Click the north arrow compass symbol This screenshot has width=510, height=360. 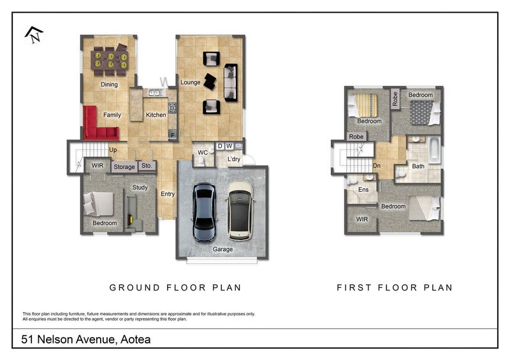(34, 35)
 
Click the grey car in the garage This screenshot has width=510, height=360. (204, 212)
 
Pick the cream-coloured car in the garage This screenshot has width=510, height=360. (240, 211)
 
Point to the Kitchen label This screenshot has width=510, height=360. (156, 115)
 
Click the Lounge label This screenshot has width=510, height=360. (190, 83)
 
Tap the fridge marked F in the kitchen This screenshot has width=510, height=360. (172, 135)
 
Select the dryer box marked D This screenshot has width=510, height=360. (220, 146)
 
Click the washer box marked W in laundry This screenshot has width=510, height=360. (229, 146)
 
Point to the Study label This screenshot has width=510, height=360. (140, 187)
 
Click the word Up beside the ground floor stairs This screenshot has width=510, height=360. (113, 150)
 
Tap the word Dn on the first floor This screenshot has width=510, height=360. (377, 166)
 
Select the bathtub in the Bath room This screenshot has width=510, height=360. (434, 150)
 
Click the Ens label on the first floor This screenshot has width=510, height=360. (363, 190)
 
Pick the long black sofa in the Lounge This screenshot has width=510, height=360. (231, 83)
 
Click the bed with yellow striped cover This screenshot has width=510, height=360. (363, 105)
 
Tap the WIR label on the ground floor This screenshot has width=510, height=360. (98, 166)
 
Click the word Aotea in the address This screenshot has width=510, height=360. (136, 340)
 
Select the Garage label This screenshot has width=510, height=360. (222, 249)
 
